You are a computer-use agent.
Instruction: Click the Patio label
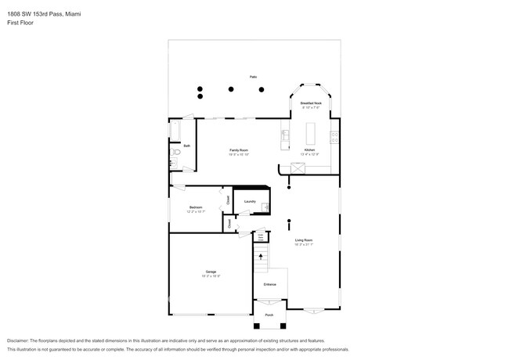click(253, 77)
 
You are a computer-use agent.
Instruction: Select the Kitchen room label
click(309, 149)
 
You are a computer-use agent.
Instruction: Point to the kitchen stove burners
click(334, 138)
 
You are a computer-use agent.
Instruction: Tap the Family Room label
click(238, 150)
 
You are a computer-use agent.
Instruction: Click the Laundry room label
click(250, 201)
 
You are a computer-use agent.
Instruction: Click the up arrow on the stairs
click(261, 255)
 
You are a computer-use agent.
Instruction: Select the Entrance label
click(269, 283)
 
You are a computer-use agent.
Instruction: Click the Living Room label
click(303, 240)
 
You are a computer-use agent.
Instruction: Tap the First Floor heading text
click(20, 23)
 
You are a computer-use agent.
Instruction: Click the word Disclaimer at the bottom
click(21, 341)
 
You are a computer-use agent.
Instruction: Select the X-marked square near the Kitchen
click(298, 167)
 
